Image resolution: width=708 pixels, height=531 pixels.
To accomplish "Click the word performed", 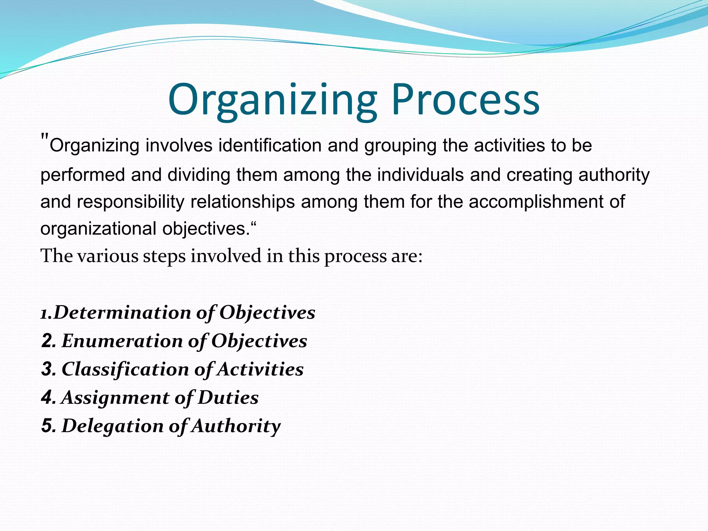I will click(x=83, y=175).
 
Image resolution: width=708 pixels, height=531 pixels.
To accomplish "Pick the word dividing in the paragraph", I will click(x=199, y=175).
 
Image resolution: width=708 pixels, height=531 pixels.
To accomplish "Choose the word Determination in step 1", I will click(x=122, y=313).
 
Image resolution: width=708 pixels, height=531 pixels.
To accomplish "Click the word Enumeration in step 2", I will click(x=122, y=341).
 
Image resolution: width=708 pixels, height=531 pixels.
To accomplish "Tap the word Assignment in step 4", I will click(x=115, y=398).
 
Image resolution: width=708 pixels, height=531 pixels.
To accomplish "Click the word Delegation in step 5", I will click(x=112, y=426).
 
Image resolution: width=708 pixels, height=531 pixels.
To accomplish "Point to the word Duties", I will click(x=228, y=398).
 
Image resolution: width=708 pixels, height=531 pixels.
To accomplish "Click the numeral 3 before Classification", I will click(x=48, y=369).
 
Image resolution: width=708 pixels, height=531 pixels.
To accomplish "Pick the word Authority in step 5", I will click(x=236, y=426).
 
